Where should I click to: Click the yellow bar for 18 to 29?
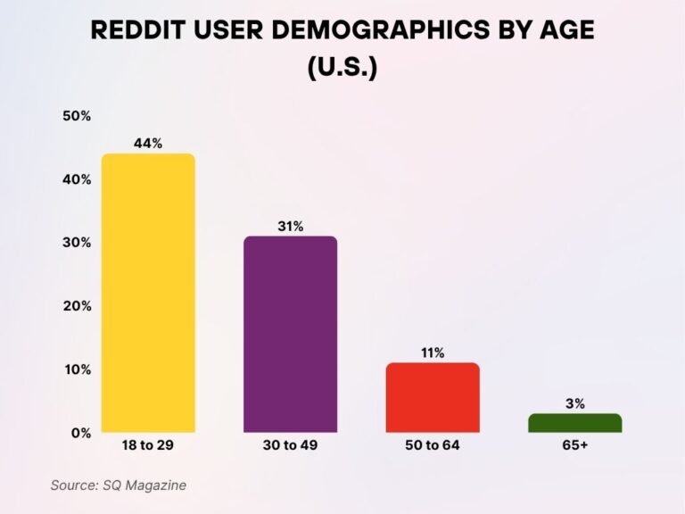(x=148, y=293)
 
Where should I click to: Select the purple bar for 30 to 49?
(x=290, y=334)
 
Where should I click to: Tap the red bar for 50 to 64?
(x=433, y=397)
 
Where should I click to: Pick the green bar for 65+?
(x=574, y=423)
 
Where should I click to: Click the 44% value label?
(x=148, y=143)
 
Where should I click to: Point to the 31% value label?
(x=290, y=226)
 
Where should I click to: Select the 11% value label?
(x=433, y=352)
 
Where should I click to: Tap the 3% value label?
(x=574, y=403)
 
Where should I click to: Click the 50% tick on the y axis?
(x=77, y=116)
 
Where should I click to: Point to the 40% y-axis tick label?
(x=77, y=179)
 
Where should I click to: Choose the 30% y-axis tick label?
(x=77, y=243)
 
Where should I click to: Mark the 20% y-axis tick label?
(x=77, y=306)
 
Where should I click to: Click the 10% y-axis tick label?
(x=77, y=369)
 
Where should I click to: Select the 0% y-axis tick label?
(x=80, y=433)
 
